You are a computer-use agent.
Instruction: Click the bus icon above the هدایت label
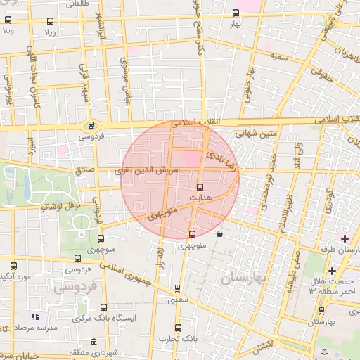coord(200,187)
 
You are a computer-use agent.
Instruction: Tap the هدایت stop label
coord(200,198)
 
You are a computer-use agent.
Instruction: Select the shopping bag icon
coord(221,234)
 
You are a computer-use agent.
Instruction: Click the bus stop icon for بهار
coord(235,13)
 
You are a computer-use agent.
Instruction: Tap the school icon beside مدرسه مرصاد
coord(35,317)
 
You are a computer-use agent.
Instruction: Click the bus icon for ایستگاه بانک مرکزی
coord(104,307)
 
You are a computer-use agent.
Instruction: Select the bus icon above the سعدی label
coord(176,288)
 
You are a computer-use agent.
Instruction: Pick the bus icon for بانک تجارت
coord(176,327)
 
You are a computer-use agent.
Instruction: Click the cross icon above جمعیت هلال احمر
coord(332,271)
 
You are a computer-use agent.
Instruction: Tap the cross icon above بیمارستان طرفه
coord(344,239)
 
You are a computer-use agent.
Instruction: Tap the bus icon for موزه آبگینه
coord(13,266)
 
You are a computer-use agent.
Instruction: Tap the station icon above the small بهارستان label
coord(321,310)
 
